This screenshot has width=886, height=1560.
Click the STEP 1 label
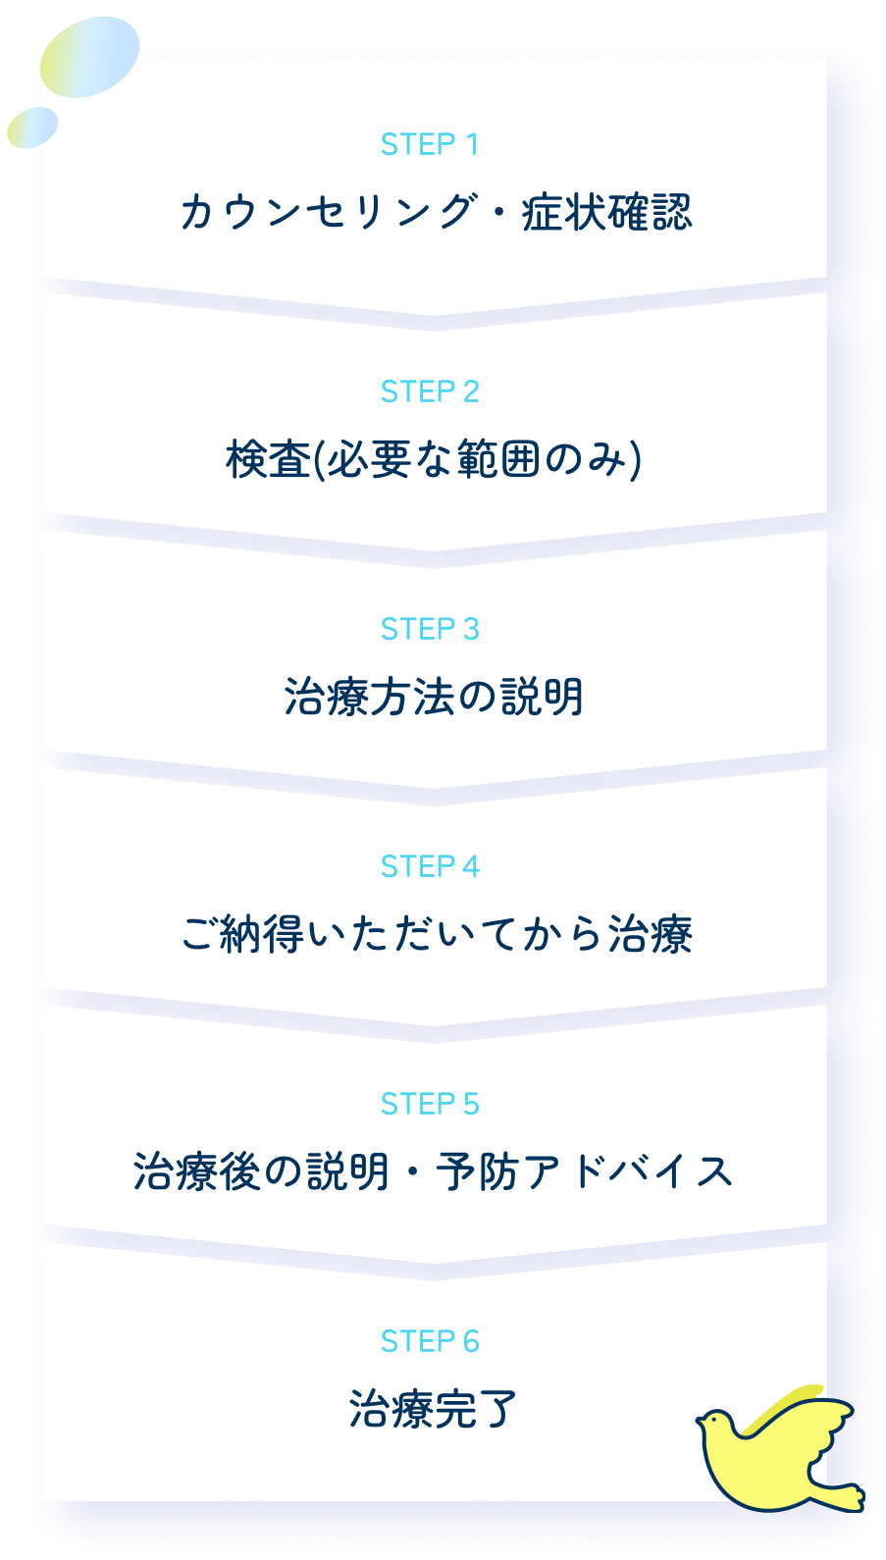tap(430, 145)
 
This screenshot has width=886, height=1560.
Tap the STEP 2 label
tap(430, 391)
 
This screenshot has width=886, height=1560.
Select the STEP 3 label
tap(430, 629)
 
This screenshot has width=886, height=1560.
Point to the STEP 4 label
tap(430, 866)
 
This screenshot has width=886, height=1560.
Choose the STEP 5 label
tap(430, 1104)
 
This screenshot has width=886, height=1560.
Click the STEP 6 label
tap(430, 1341)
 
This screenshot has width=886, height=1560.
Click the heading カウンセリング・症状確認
tap(436, 212)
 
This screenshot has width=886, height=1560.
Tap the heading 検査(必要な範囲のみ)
tap(434, 459)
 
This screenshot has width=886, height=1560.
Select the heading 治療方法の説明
tap(434, 697)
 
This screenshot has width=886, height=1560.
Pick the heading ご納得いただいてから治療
tap(436, 934)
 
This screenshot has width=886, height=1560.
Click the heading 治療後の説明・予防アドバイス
tap(434, 1171)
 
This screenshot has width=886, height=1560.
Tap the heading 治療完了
tap(433, 1409)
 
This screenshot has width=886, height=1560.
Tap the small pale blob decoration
tap(32, 128)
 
